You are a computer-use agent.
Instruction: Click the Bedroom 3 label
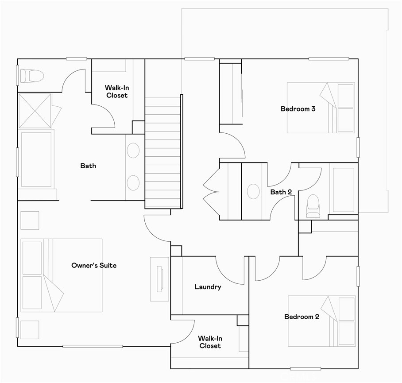[298, 108]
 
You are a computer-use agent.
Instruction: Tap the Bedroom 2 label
[301, 317]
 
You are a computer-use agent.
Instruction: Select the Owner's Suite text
[94, 265]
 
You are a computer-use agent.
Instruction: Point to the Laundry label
[208, 287]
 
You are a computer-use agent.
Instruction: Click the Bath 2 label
[281, 192]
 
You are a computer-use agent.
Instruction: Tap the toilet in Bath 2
[313, 206]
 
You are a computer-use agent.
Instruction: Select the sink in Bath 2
[253, 192]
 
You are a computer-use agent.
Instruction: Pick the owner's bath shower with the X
[35, 111]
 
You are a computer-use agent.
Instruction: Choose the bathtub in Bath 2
[343, 190]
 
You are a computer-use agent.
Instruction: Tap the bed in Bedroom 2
[321, 321]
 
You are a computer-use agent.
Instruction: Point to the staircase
[163, 153]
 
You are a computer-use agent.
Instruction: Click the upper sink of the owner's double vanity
[133, 151]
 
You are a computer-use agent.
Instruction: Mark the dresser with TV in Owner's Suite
[159, 279]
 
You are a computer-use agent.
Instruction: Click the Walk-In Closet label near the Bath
[116, 92]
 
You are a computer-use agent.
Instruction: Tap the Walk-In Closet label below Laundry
[210, 341]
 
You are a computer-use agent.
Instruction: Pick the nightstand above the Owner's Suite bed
[30, 221]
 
